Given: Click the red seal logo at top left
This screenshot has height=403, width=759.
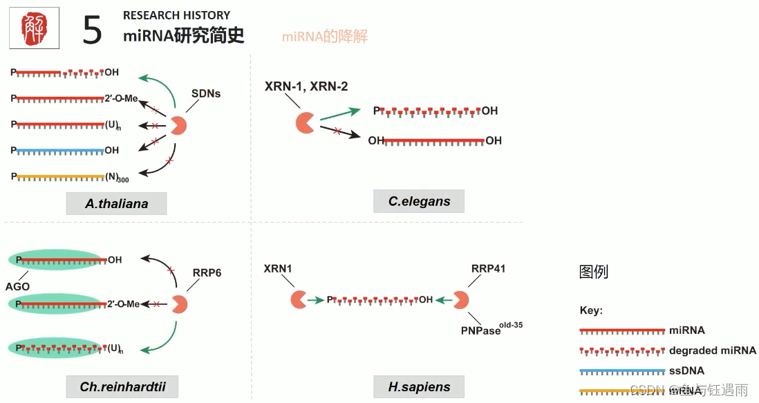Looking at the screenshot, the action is (33, 28).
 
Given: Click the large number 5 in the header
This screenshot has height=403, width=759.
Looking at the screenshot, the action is (92, 30).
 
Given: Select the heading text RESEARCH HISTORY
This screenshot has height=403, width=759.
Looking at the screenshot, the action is (176, 15).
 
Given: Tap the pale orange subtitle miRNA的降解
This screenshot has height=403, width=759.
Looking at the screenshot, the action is (324, 37).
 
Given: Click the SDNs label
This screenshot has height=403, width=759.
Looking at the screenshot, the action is (206, 93).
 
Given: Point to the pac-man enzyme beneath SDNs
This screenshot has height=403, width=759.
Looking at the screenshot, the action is (178, 125).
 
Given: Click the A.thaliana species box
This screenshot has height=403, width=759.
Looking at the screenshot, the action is (117, 204).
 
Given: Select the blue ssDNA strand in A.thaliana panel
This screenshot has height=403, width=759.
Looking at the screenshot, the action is (58, 150).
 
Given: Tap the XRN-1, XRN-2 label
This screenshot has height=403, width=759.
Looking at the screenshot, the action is (306, 86).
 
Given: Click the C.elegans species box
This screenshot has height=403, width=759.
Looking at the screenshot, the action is (419, 202).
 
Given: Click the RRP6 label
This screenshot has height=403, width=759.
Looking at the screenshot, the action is (207, 273).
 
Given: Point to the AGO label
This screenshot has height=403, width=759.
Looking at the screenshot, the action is (19, 286).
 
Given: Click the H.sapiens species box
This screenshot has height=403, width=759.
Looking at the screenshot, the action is (419, 386).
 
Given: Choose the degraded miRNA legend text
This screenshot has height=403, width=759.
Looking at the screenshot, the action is (713, 350).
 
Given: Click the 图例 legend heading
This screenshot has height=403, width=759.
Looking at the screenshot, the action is (593, 272).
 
